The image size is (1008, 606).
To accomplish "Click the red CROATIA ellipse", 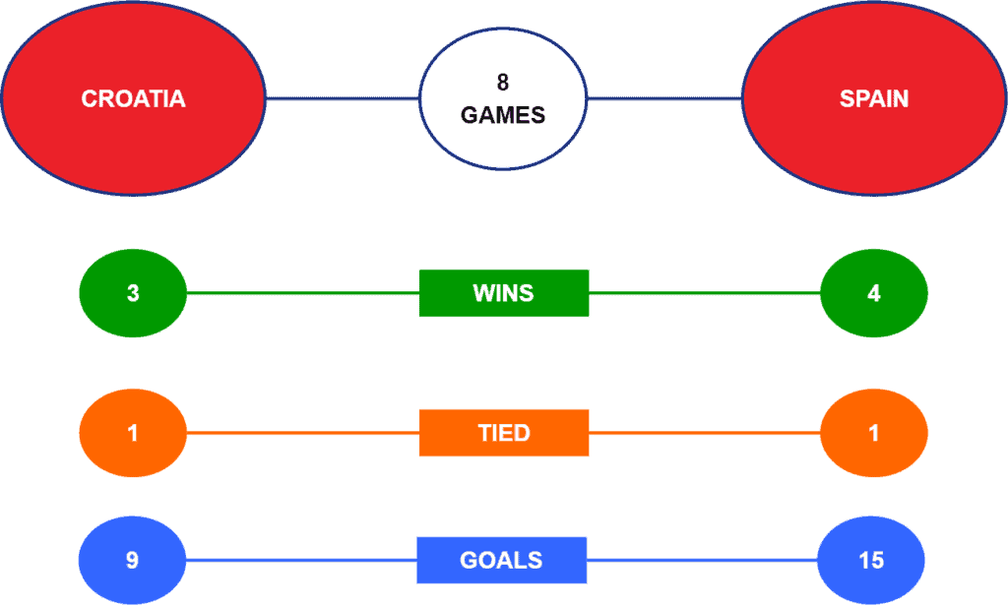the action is point(133,98).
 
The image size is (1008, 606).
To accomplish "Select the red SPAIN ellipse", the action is point(874,98).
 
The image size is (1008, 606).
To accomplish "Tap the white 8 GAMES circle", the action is point(503,99).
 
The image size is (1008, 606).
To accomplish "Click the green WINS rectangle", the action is point(504,293).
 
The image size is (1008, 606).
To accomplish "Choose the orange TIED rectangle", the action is point(504,433).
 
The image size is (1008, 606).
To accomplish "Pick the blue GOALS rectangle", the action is point(501,561).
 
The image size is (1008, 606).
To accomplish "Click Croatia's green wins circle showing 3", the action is point(133,293).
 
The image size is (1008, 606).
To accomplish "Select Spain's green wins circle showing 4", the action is point(874,293).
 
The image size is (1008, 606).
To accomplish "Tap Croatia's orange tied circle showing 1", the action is point(133,433).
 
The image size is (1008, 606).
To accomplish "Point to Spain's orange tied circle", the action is point(874,433).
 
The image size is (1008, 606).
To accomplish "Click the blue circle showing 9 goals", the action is point(132,561).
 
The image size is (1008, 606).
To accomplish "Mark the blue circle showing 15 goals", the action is point(871,561).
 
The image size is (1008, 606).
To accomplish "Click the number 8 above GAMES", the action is point(503,83).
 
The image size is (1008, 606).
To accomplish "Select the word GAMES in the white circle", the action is point(503,115).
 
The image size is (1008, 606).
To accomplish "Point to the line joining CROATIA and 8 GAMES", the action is point(343,98).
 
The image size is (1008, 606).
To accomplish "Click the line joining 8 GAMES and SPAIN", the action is point(664,98).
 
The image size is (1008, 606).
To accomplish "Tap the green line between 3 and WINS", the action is point(303,293).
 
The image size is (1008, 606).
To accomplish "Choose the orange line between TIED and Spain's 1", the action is point(705,433).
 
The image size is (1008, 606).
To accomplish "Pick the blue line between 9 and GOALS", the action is point(301,561).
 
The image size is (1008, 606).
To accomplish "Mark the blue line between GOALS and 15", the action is point(702,561).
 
